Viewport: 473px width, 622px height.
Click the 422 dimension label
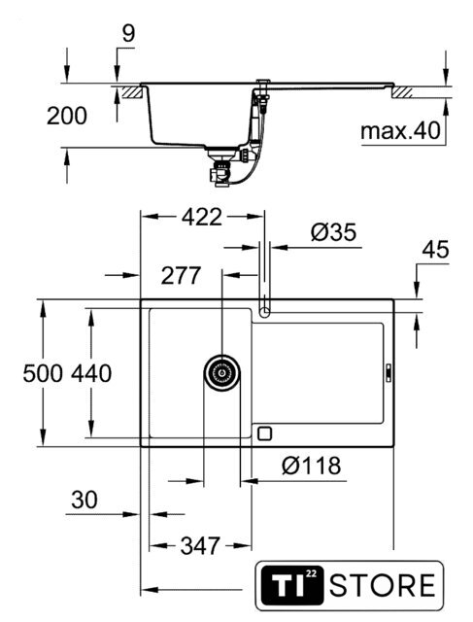pos(202,217)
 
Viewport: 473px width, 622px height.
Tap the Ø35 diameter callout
pos(334,232)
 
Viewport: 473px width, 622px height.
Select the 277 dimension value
pos(181,275)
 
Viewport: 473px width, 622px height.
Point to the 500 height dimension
pos(43,373)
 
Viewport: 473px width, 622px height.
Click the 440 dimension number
pos(91,373)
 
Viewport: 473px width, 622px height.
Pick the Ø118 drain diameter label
pos(311,466)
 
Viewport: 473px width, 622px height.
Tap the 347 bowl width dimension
pos(200,546)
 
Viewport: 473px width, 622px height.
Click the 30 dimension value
pos(84,500)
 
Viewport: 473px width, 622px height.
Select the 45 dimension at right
pos(435,250)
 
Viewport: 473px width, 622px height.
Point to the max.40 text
pos(400,130)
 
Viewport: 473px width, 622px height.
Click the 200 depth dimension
pos(67,116)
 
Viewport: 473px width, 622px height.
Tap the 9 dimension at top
pos(128,33)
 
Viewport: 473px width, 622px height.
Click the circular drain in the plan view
pos(222,373)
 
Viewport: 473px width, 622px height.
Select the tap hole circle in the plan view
pos(264,313)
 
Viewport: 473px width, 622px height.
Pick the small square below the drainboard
pos(264,433)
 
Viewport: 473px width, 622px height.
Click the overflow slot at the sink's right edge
pos(389,373)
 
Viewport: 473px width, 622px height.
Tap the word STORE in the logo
pos(383,585)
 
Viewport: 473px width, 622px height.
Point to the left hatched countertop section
pos(132,92)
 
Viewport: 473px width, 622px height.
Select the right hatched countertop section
pos(402,92)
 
